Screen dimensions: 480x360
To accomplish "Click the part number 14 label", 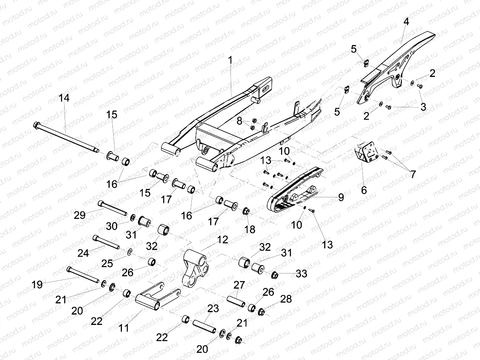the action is [x=64, y=98].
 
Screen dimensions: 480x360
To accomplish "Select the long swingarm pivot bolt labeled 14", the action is [x=66, y=137].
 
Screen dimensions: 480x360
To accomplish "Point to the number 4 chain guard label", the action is [x=406, y=22].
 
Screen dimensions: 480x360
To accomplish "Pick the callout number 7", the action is [x=413, y=175].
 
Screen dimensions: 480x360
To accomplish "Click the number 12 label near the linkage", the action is [x=222, y=240].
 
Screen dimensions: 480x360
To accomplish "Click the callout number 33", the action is [x=301, y=273].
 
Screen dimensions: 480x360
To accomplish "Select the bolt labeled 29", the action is [x=112, y=208].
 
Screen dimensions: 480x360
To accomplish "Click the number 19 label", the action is [x=37, y=285].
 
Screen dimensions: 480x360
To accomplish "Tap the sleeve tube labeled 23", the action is [x=205, y=327].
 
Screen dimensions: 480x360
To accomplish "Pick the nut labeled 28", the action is [x=262, y=312].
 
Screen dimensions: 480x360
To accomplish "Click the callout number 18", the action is [x=250, y=229].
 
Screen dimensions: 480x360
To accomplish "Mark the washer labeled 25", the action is [x=129, y=252].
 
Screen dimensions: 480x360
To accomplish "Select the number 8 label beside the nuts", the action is [x=240, y=121].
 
